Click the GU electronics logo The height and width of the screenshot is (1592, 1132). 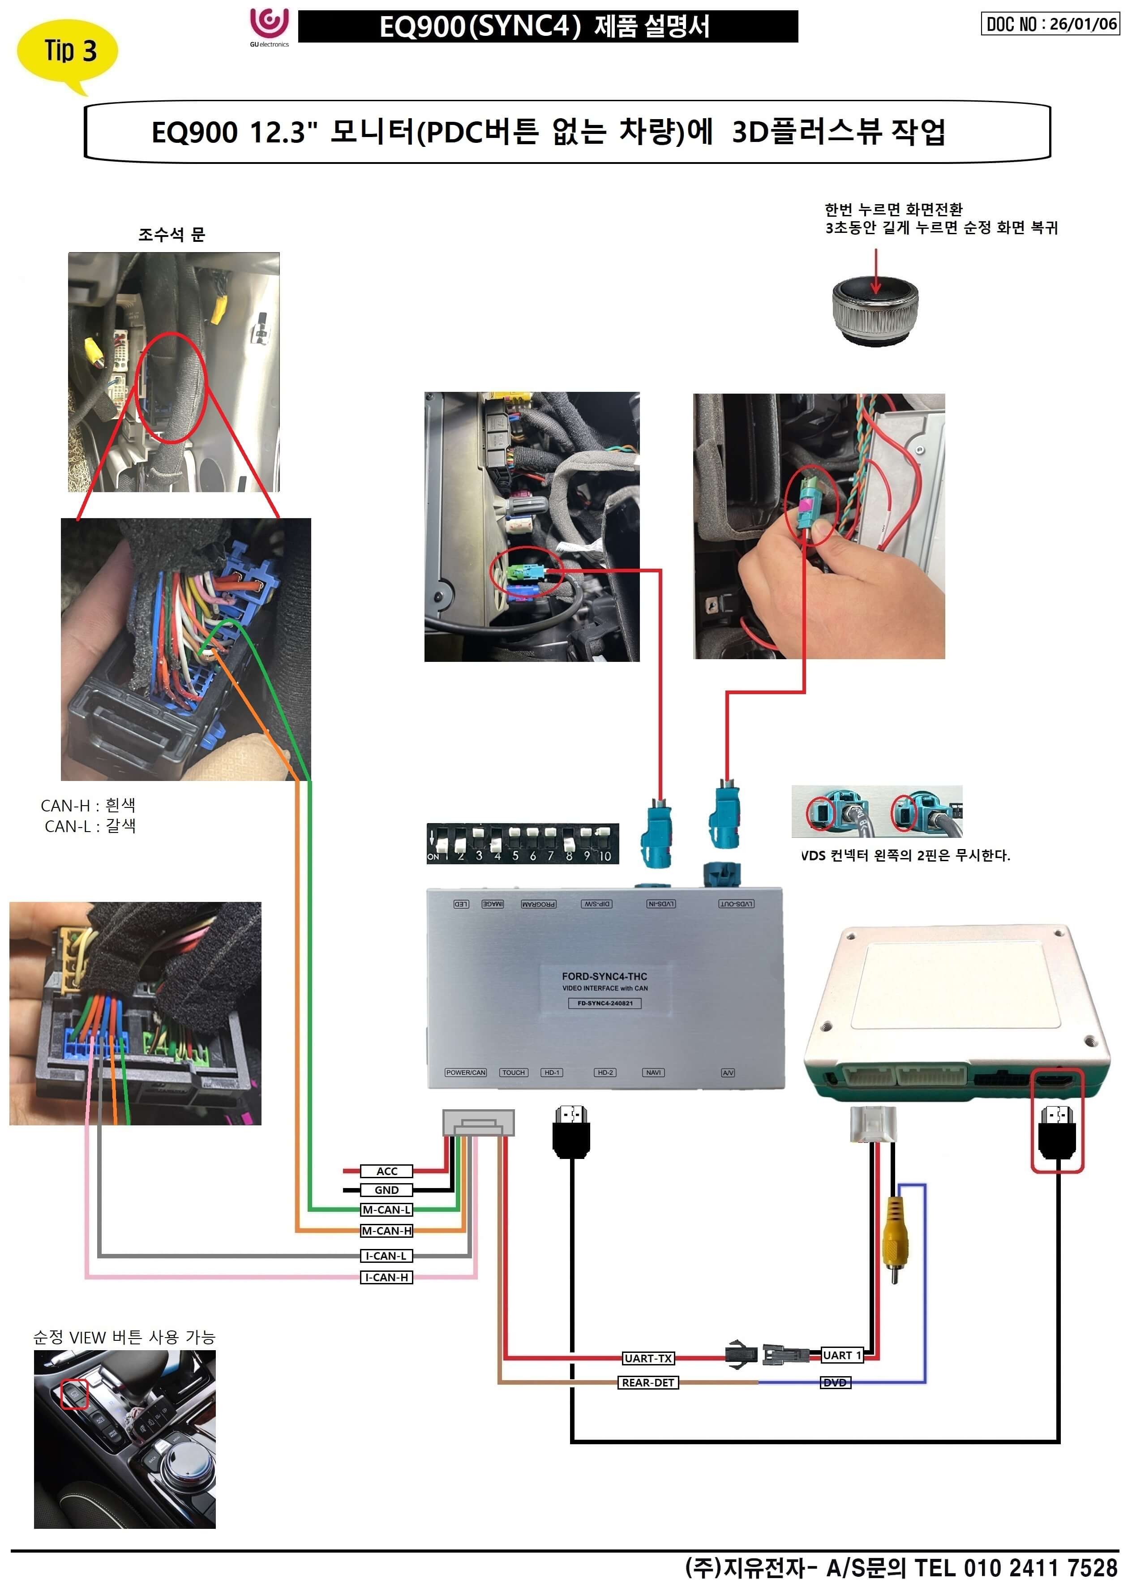(x=269, y=26)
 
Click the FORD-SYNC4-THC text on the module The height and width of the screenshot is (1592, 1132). (x=605, y=977)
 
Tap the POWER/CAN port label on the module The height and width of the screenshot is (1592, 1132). (x=466, y=1073)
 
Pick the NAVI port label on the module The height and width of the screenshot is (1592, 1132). (x=653, y=1073)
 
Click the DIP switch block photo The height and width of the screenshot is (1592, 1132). (x=522, y=843)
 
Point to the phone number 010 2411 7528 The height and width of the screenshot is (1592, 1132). (x=1040, y=1568)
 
